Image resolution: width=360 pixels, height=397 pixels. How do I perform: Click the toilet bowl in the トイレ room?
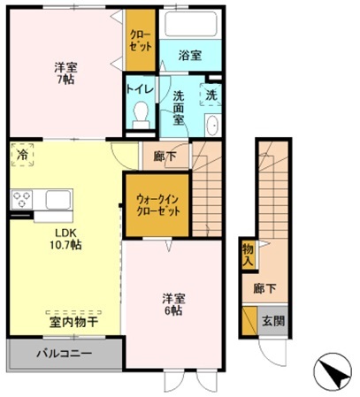[x=141, y=115]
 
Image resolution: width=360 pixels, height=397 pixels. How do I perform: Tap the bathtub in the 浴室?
[x=190, y=24]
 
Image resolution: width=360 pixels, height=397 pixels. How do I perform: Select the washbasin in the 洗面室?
[x=212, y=125]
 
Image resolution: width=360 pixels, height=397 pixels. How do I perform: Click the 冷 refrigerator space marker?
[x=22, y=155]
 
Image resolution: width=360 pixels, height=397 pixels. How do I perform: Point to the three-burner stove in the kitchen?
[x=21, y=200]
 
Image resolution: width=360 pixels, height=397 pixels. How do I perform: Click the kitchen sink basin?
[x=58, y=200]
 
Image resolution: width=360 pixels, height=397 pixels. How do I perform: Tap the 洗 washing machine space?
[x=211, y=95]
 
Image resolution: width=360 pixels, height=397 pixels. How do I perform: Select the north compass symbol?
[x=332, y=371]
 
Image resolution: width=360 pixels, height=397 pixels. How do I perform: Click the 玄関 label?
[x=273, y=321]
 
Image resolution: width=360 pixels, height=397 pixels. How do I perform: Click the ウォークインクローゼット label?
[x=157, y=205]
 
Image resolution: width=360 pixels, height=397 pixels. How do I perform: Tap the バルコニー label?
[x=64, y=353]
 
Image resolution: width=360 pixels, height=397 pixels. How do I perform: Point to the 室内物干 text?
[x=73, y=322]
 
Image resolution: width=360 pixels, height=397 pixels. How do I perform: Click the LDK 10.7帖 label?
[x=65, y=239]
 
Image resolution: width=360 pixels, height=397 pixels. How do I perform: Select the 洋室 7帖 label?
[x=65, y=73]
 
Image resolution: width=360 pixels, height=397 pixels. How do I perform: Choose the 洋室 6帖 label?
[x=173, y=305]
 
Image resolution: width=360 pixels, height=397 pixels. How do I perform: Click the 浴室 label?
[x=190, y=56]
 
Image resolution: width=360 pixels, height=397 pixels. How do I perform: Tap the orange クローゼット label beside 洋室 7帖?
[x=141, y=41]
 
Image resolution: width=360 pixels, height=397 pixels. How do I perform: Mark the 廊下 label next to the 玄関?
[x=264, y=288]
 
